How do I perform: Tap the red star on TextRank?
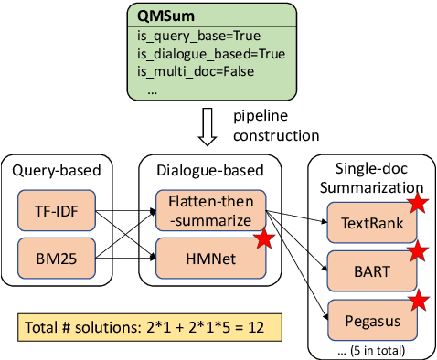(418, 203)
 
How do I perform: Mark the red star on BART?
(418, 251)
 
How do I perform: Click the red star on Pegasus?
(418, 301)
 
